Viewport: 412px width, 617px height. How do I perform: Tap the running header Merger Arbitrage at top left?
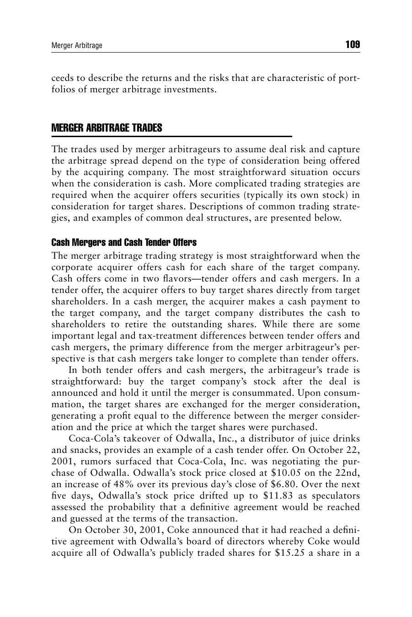(77, 45)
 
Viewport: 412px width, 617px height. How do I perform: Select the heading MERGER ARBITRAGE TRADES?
(107, 128)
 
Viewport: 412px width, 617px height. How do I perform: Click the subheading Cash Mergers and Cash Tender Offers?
(124, 242)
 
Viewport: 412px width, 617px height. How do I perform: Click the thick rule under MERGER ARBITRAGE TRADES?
(171, 136)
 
